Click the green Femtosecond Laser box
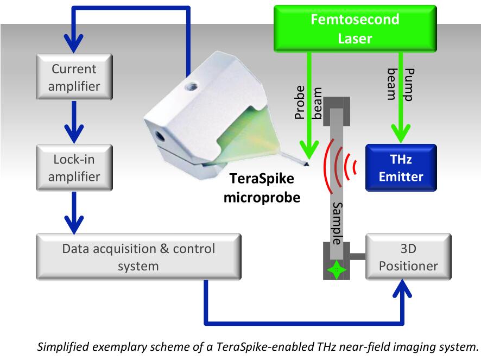(355, 28)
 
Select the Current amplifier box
(74, 77)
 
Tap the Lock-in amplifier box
(74, 168)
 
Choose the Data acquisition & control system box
(138, 257)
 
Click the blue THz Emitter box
(401, 168)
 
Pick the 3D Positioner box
(408, 257)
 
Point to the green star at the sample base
(337, 270)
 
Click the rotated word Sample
(337, 223)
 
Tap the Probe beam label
(308, 102)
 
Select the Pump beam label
(400, 84)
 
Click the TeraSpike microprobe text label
(262, 188)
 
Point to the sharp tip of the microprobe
(308, 165)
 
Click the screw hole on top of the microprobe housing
(191, 86)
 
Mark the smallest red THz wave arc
(355, 167)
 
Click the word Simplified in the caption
(62, 347)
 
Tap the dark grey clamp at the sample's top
(337, 111)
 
